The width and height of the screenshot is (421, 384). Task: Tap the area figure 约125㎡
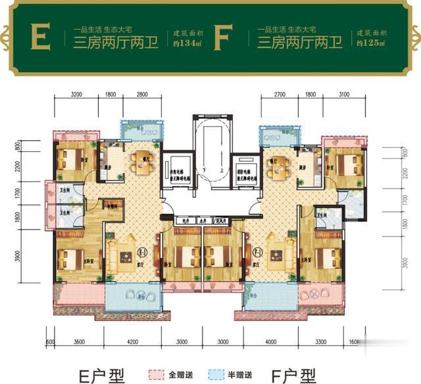(370, 43)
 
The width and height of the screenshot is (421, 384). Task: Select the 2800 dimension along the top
(143, 96)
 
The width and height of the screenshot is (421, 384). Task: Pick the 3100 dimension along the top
(343, 96)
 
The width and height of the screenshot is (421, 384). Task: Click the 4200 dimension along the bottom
(132, 342)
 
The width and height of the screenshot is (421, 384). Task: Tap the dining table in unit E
(141, 164)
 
